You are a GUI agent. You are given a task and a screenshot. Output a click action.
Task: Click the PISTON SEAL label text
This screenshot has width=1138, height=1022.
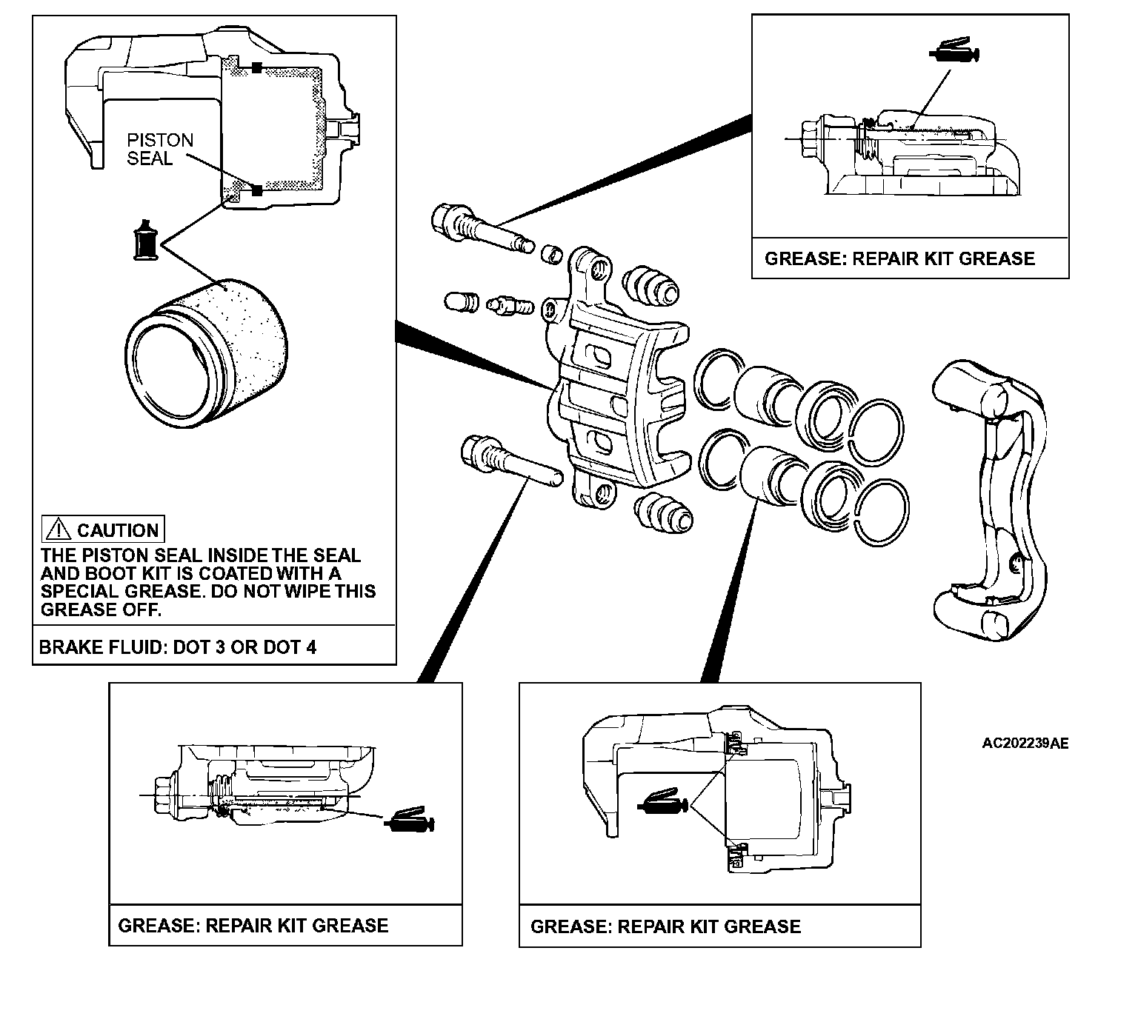click(x=160, y=149)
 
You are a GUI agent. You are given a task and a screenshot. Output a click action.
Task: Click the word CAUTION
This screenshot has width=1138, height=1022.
click(x=118, y=530)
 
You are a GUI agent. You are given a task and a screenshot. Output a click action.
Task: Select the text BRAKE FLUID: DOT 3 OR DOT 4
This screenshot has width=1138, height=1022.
click(x=178, y=647)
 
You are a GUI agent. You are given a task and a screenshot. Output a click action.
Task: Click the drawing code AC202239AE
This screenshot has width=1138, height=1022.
click(x=1025, y=744)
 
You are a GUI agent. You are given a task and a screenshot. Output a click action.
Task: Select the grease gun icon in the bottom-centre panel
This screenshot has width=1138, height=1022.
click(x=663, y=803)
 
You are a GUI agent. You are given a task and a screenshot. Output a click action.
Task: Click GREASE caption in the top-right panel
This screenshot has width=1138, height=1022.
click(x=899, y=258)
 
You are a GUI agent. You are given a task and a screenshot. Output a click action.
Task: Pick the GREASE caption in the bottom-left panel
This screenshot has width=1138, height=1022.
click(x=253, y=925)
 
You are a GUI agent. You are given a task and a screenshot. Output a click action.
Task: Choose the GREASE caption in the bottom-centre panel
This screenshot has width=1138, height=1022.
click(x=666, y=926)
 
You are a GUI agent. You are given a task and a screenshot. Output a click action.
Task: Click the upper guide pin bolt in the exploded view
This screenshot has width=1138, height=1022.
click(x=480, y=226)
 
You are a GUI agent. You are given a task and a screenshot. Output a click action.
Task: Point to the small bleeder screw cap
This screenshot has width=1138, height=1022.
click(x=459, y=301)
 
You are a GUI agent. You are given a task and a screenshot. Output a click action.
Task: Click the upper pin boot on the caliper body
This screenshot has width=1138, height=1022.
click(x=649, y=284)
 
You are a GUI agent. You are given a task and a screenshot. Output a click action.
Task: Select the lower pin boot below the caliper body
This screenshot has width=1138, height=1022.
click(x=662, y=512)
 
